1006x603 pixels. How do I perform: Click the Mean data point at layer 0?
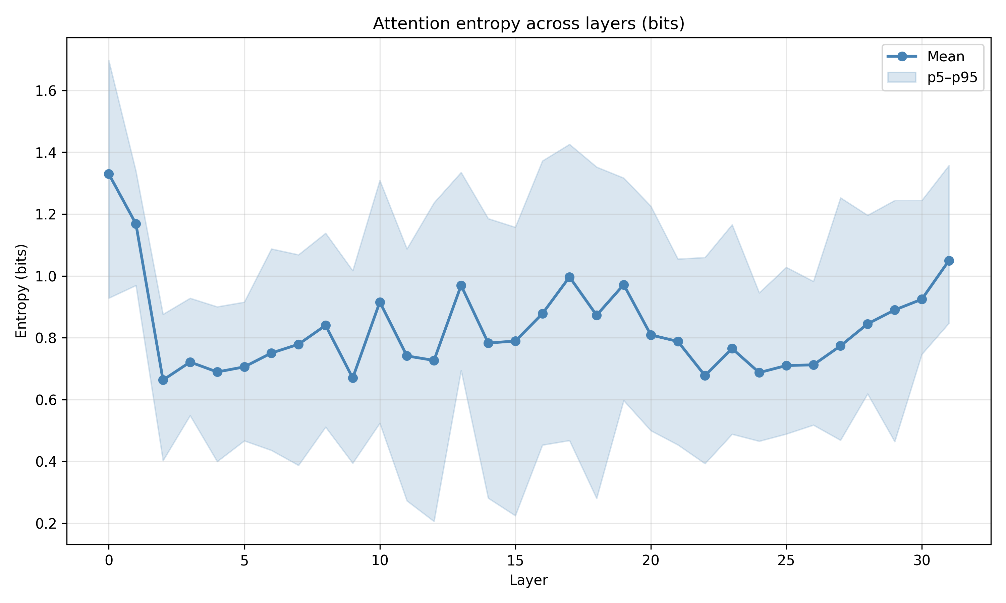(x=109, y=174)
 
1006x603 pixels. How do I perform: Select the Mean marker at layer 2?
(x=163, y=380)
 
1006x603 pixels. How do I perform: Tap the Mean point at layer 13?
(x=461, y=286)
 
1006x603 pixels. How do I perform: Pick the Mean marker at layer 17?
(x=570, y=277)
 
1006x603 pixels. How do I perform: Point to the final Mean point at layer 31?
(x=949, y=260)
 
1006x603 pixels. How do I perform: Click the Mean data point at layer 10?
(x=380, y=302)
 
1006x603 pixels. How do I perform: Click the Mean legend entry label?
(x=945, y=57)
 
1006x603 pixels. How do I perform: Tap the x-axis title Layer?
(x=528, y=580)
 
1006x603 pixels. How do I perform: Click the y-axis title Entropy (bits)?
(x=21, y=291)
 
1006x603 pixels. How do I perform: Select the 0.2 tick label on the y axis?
(x=46, y=524)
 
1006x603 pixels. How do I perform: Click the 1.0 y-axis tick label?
(x=46, y=277)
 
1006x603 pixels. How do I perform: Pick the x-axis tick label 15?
(x=515, y=561)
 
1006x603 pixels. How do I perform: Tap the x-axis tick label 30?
(x=922, y=561)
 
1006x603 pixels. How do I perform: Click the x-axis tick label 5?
(x=244, y=561)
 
